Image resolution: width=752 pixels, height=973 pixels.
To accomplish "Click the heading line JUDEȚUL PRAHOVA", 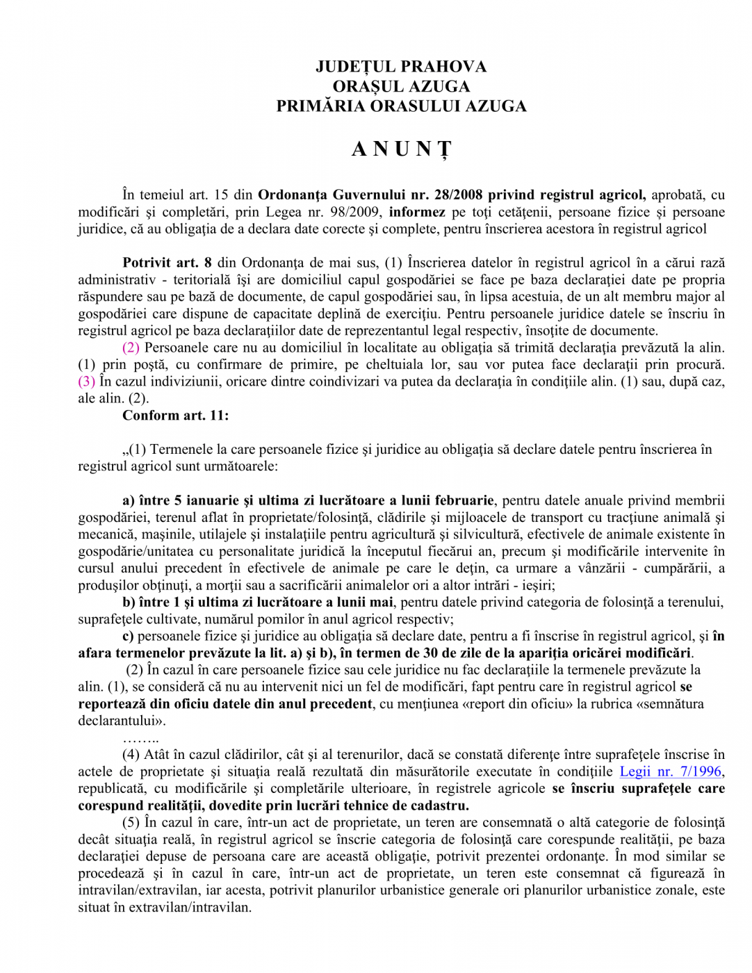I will tap(401, 67).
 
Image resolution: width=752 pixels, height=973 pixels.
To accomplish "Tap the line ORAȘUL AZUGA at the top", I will tap(401, 87).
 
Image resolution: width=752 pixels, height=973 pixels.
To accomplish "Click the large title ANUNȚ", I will tap(401, 149).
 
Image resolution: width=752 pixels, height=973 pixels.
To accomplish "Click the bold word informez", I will tap(416, 212).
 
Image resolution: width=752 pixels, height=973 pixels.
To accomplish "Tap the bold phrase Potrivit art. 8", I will tap(167, 263).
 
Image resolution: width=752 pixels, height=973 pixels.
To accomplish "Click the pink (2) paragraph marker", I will tap(131, 347).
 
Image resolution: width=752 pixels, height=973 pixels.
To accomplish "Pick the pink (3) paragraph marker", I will tap(86, 382).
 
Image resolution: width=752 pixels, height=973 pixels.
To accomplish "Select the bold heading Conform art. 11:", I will tap(176, 416).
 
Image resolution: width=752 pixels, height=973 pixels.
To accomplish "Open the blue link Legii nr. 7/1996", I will tap(670, 771).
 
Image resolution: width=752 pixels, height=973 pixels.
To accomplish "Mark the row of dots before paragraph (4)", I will tap(140, 738).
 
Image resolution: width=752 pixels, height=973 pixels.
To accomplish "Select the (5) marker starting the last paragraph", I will tap(131, 822).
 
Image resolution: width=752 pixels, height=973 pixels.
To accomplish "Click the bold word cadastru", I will tap(440, 806).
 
